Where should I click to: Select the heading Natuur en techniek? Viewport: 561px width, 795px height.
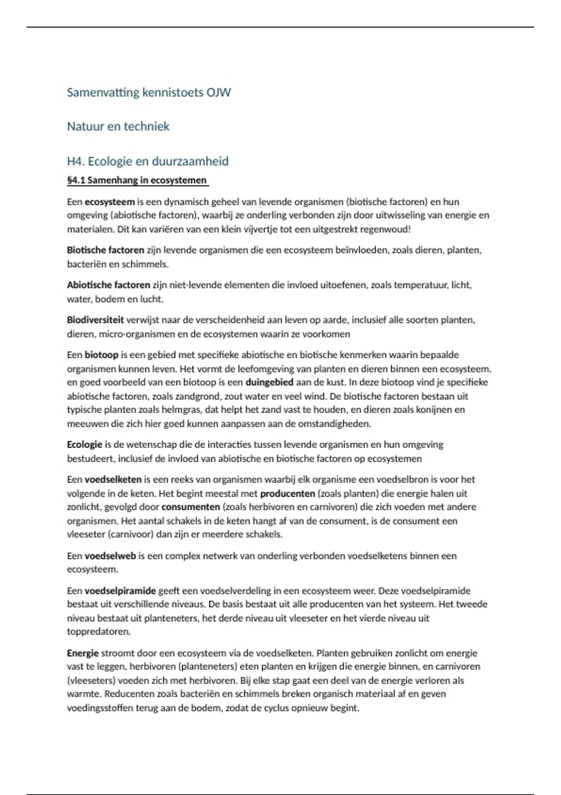pos(118,126)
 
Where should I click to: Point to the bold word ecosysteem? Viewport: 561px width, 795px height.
pos(109,202)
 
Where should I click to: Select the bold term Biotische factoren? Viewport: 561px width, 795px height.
pos(105,250)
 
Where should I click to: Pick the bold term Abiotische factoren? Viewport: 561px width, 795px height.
pos(108,285)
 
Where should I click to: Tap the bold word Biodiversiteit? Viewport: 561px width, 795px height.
pos(95,320)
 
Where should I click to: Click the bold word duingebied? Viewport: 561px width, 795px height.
pos(269,383)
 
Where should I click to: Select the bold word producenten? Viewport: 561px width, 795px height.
pos(287,494)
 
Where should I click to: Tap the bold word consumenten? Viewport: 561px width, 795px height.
pos(190,507)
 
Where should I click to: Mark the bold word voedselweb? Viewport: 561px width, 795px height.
pos(110,556)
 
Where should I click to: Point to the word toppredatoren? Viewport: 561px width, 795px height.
pos(98,632)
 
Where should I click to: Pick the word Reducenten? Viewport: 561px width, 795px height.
pos(129,694)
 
